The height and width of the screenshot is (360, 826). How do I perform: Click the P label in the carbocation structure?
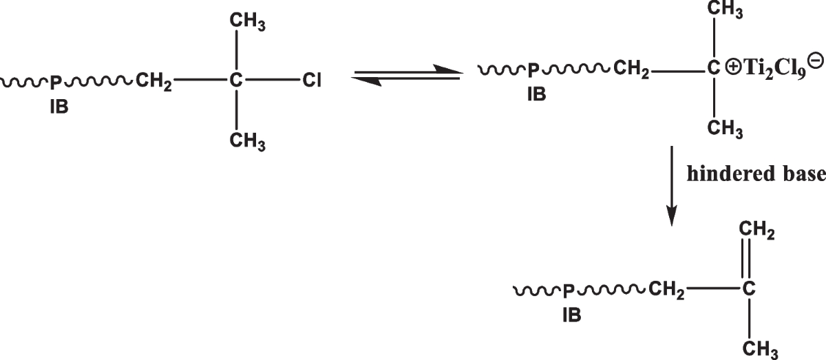coord(532,69)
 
